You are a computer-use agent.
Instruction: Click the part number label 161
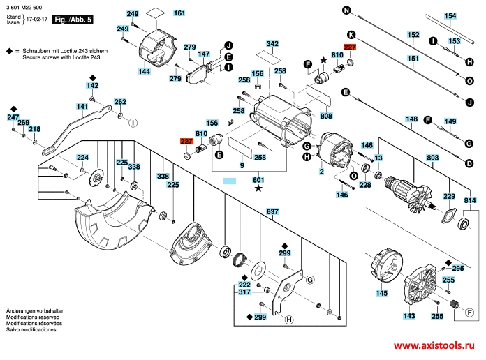point(179,13)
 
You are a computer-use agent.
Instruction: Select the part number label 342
point(272,43)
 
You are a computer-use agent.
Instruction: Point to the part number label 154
point(450,15)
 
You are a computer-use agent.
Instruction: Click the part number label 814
point(470,200)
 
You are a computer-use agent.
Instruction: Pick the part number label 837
point(272,211)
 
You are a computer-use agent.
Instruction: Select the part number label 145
point(381,294)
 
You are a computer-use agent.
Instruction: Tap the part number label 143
point(409,316)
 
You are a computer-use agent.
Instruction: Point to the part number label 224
point(82,157)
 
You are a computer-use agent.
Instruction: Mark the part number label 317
point(244,293)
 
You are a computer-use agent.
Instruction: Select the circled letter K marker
point(351,34)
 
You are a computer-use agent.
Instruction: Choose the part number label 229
point(450,197)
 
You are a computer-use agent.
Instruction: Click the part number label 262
point(120,102)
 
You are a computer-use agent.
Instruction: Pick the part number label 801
point(259,180)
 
